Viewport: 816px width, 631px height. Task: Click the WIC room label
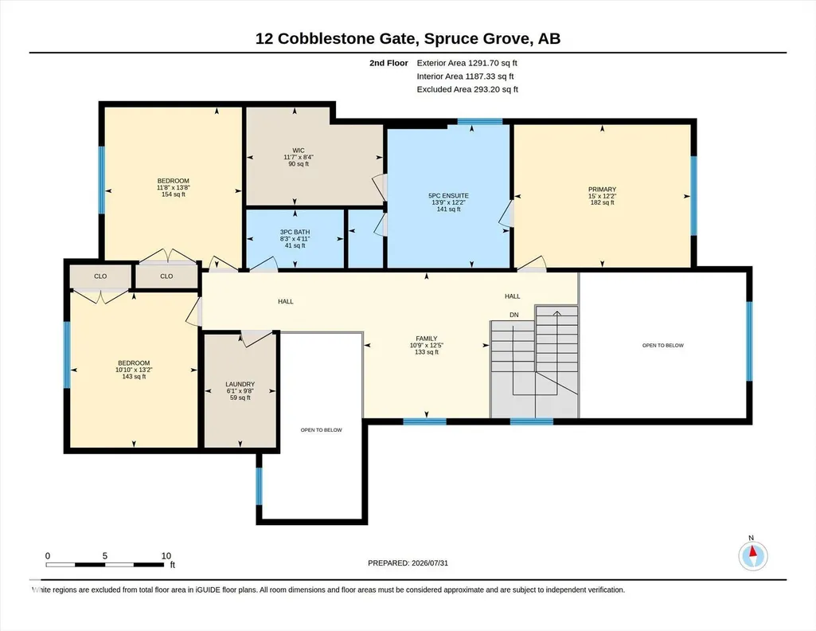coord(299,151)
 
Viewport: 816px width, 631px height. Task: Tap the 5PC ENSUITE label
coord(448,196)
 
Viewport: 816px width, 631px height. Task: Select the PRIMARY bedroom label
coord(602,190)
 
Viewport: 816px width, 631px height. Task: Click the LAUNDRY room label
coord(240,384)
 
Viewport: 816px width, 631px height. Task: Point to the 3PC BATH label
coord(295,232)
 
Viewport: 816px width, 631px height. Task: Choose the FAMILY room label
coord(426,339)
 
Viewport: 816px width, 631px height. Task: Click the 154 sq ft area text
coord(174,194)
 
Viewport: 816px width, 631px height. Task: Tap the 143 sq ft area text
coord(134,376)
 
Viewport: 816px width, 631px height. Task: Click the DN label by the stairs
coord(514,315)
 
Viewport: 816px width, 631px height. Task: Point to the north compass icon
coord(752,555)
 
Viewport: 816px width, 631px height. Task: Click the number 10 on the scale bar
coord(166,556)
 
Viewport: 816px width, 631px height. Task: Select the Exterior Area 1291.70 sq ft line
coord(467,63)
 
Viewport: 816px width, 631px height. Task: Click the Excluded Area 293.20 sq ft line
coord(467,89)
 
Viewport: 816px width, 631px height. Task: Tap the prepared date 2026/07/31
coord(430,562)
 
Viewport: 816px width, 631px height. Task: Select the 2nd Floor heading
coord(388,63)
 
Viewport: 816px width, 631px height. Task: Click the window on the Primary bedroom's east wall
coord(693,195)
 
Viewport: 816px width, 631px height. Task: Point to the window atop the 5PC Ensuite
coord(480,122)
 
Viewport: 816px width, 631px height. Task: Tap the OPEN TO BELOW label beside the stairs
coord(663,345)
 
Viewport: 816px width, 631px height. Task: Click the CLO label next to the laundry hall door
coord(166,276)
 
